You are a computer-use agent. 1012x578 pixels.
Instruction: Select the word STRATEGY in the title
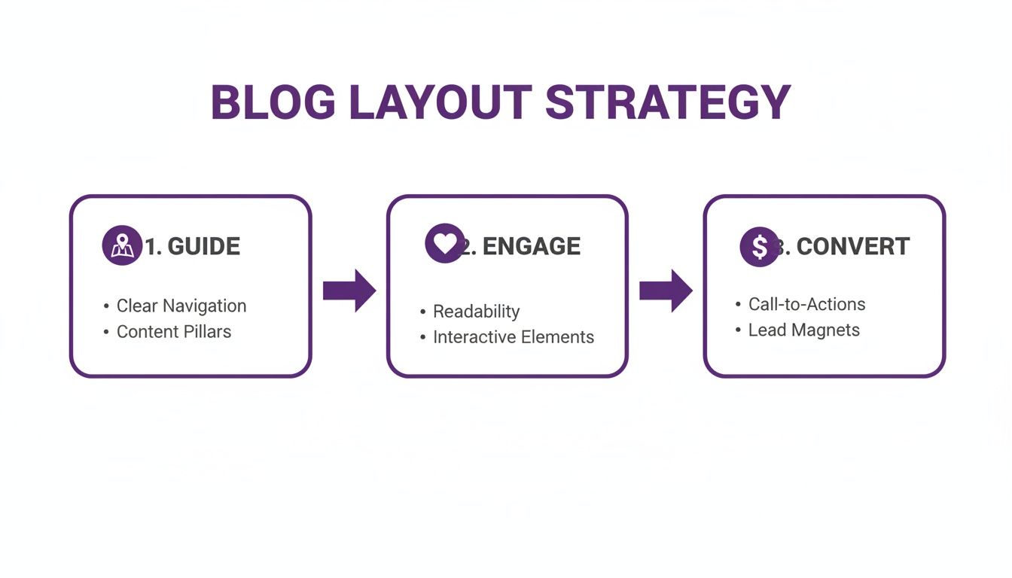pyautogui.click(x=668, y=102)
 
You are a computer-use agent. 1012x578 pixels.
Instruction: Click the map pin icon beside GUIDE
pyautogui.click(x=121, y=245)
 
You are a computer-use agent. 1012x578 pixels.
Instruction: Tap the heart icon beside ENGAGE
pyautogui.click(x=444, y=243)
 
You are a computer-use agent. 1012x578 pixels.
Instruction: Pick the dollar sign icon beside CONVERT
pyautogui.click(x=759, y=246)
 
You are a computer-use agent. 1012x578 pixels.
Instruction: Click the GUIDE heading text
pyautogui.click(x=203, y=246)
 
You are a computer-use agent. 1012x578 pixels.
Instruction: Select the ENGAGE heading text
pyautogui.click(x=531, y=246)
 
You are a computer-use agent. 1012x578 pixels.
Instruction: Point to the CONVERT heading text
pyautogui.click(x=852, y=246)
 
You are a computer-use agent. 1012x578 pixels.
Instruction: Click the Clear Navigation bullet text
pyautogui.click(x=181, y=306)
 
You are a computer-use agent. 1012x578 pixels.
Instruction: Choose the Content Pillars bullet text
pyautogui.click(x=173, y=332)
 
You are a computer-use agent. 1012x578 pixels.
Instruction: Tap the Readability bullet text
pyautogui.click(x=476, y=312)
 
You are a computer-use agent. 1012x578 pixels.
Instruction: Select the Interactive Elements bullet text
pyautogui.click(x=513, y=337)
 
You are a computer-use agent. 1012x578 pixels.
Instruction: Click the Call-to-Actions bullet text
pyautogui.click(x=806, y=304)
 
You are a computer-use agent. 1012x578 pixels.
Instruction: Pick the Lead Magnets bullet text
pyautogui.click(x=803, y=330)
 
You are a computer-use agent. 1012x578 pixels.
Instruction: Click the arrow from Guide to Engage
pyautogui.click(x=349, y=291)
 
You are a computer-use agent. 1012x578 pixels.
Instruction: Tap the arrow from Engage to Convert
pyautogui.click(x=666, y=291)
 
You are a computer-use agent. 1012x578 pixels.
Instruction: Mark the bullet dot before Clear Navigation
pyautogui.click(x=106, y=306)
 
